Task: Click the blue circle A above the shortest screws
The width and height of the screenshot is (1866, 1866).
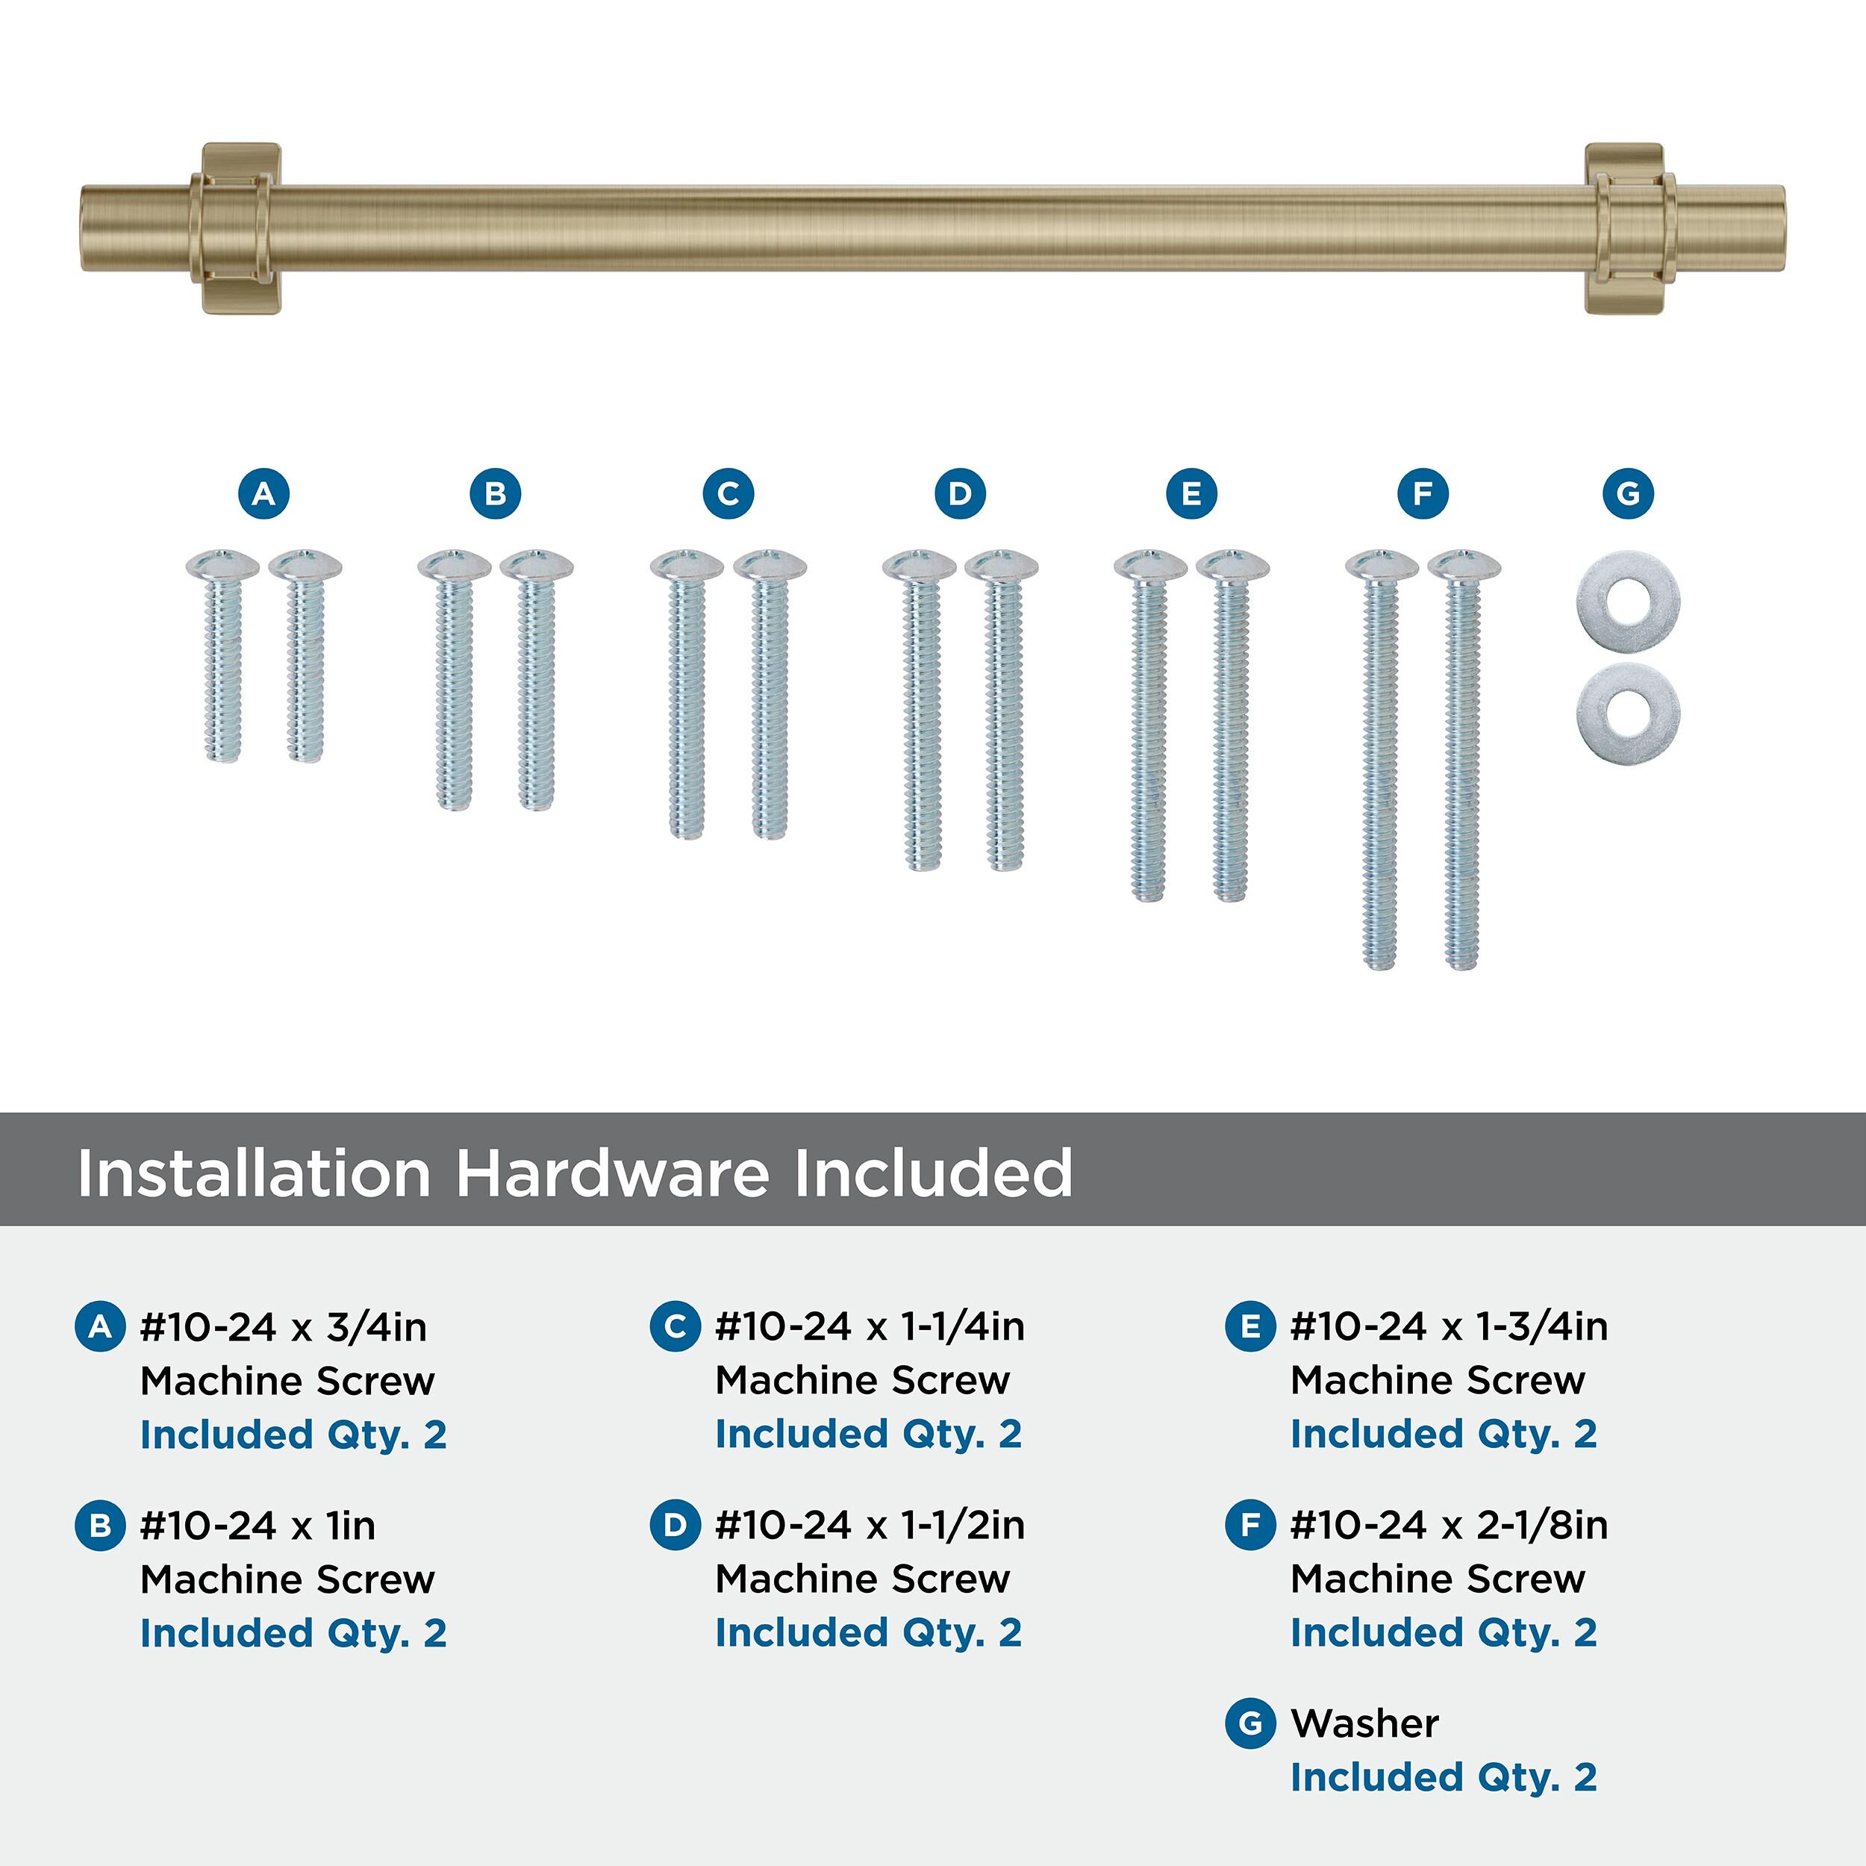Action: [263, 493]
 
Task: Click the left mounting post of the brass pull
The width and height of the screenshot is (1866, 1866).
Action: [240, 229]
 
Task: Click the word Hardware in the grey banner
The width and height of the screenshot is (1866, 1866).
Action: [614, 1173]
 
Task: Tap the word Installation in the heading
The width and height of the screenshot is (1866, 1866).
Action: [254, 1173]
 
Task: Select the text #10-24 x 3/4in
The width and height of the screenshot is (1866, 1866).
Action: [283, 1327]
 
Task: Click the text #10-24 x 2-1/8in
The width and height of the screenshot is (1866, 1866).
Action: [1449, 1525]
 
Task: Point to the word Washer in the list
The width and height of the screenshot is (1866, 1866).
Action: [1364, 1723]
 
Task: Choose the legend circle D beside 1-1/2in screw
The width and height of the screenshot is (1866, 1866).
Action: [675, 1525]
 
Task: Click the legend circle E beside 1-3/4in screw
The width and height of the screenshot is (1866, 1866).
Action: [1249, 1326]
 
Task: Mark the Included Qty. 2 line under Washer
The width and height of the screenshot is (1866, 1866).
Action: [1444, 1777]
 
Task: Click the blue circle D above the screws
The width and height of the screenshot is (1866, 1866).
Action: [959, 493]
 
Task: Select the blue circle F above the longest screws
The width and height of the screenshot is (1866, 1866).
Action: [1423, 493]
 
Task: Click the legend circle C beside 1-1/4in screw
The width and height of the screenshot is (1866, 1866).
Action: [675, 1326]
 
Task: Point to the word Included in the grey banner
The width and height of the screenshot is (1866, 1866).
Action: [933, 1173]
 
